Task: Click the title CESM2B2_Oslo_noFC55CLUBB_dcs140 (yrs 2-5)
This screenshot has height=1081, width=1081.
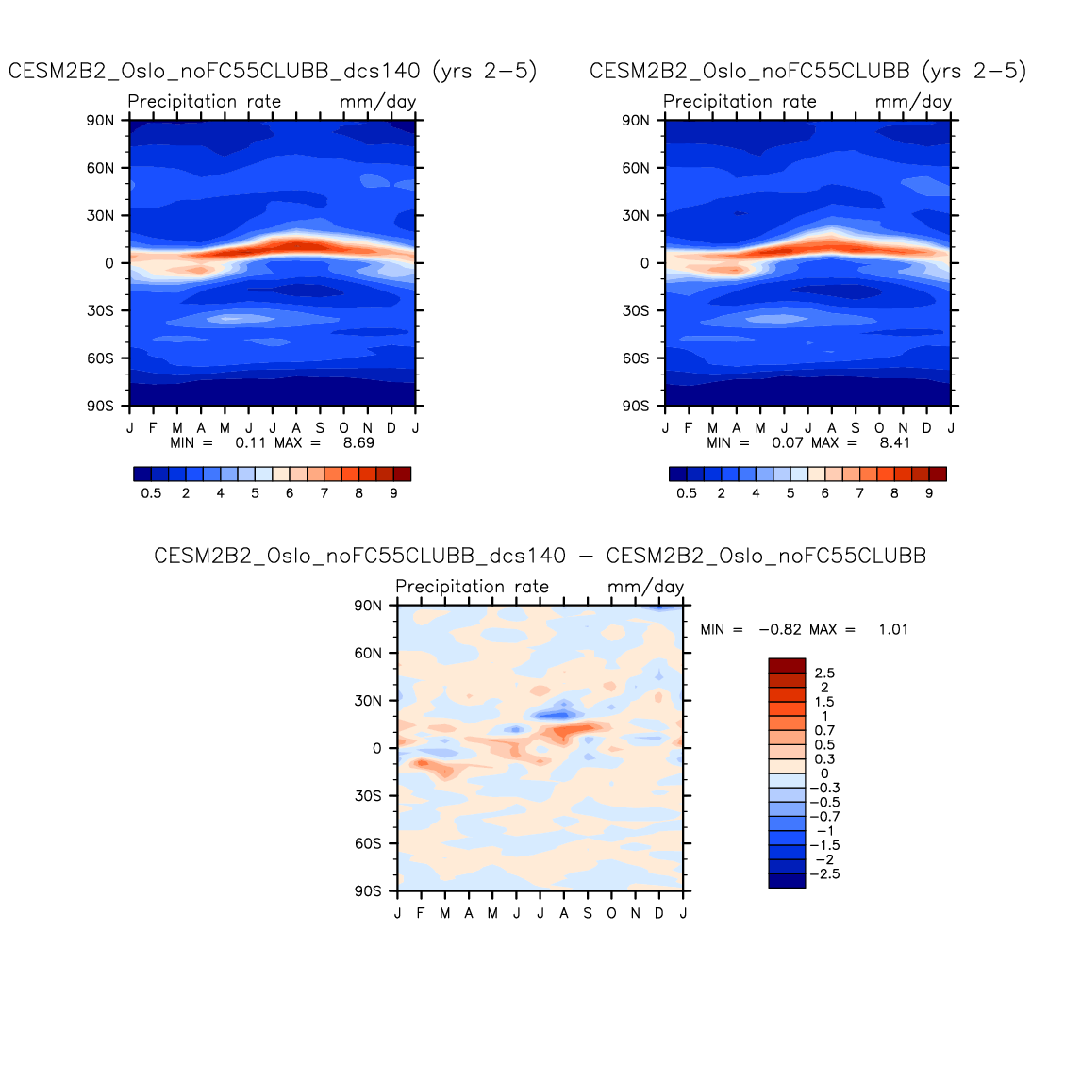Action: [273, 72]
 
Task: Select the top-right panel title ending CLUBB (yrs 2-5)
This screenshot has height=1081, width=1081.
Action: [807, 72]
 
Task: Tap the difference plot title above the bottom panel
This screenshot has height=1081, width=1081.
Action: [540, 557]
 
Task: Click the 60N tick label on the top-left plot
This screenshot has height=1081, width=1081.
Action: [101, 168]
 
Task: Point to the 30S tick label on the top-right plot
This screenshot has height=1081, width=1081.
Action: [636, 311]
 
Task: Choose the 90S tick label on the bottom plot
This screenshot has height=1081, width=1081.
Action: [368, 891]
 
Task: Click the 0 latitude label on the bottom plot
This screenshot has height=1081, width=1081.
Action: [377, 749]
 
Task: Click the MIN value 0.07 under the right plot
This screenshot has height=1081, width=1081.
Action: [788, 442]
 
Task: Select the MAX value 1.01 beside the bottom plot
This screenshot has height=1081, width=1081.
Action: [892, 630]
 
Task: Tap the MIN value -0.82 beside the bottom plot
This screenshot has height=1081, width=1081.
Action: [780, 630]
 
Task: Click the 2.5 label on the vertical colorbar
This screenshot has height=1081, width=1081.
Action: [824, 674]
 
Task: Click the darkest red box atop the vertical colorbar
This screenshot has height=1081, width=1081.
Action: [787, 665]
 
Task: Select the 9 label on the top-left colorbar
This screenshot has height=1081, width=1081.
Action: [393, 493]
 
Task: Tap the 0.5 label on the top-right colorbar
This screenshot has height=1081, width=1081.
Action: [687, 493]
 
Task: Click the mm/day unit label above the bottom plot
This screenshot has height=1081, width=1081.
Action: [645, 587]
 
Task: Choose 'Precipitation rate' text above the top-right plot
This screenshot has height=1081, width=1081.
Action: [740, 102]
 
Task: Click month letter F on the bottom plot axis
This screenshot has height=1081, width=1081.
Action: [421, 914]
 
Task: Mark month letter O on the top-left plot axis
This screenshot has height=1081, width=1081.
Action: [344, 428]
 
